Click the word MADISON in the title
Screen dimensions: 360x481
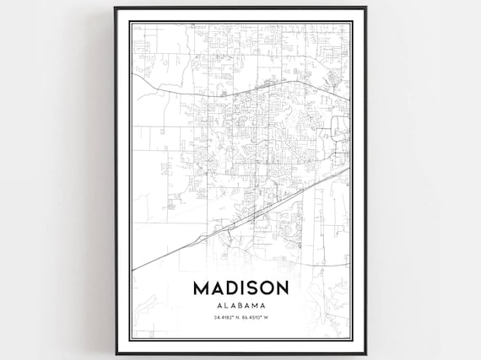pyautogui.click(x=240, y=287)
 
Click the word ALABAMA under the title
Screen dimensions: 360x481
pyautogui.click(x=240, y=305)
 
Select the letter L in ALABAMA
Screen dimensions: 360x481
pyautogui.click(x=225, y=305)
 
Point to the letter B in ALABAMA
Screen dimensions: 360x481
pyautogui.click(x=240, y=305)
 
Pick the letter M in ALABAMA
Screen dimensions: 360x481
pyautogui.click(x=256, y=305)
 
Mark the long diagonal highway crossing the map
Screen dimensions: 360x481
pyautogui.click(x=245, y=218)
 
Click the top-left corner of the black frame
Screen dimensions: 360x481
pyautogui.click(x=116, y=8)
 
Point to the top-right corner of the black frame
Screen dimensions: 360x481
pyautogui.click(x=365, y=8)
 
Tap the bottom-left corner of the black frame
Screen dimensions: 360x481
pyautogui.click(x=116, y=353)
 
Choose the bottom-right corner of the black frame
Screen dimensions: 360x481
pyautogui.click(x=365, y=353)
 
